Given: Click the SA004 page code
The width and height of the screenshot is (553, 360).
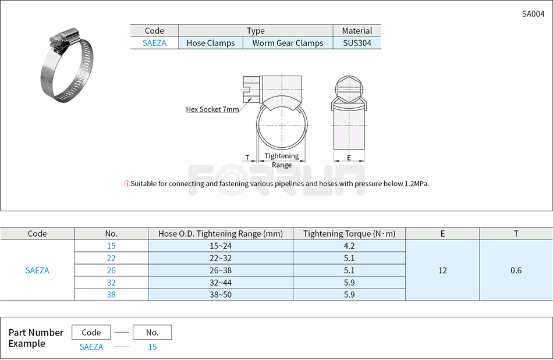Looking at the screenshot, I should coord(533,14).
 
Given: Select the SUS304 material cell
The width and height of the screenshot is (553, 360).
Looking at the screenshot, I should coord(357,43).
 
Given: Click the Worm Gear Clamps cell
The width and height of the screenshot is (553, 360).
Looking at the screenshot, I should coord(288,43).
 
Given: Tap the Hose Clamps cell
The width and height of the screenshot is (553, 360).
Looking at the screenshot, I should coord(211,43).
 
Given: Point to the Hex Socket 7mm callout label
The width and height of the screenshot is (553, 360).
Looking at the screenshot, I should coord(212,109).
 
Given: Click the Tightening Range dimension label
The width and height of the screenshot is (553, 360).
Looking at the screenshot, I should coord(282,160).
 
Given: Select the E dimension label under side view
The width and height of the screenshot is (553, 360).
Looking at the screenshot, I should coord(349,158).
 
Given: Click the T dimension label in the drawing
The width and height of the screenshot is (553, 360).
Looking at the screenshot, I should coord(247,158).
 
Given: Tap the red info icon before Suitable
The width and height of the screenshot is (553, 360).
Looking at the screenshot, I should coord(127,184).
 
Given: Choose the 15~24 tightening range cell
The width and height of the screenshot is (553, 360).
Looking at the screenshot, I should coord(220,246).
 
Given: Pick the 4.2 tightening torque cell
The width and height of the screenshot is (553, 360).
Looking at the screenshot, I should coord(349,246).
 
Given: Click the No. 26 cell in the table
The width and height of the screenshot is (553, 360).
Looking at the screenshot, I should coord(111,270).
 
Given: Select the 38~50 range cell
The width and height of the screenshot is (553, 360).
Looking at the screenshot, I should coord(220,295).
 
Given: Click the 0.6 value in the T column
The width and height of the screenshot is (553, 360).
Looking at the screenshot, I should coord(516,270).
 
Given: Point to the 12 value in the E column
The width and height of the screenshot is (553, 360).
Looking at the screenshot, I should coord(442,270).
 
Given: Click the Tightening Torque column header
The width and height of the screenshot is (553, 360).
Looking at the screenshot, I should coord(349,234).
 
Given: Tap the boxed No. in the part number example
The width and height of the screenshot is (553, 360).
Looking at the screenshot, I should coord(152,333).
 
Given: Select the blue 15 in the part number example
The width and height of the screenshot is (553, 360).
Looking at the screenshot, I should coord(152,347).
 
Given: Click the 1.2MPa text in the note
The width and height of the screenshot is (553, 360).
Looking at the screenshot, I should coord(416,184).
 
